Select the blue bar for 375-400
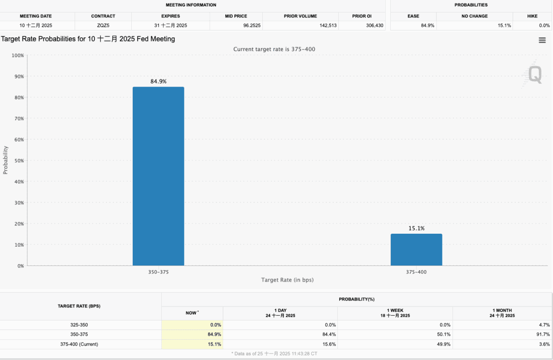point(416,249)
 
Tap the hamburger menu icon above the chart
point(542,40)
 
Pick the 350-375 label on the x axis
point(158,272)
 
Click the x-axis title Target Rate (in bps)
point(287,280)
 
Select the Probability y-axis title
point(6,160)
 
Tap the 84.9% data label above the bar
point(158,81)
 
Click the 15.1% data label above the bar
point(416,228)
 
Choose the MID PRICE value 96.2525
point(252,25)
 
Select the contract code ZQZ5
point(103,25)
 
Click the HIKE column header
point(532,16)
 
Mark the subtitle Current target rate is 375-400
point(274,49)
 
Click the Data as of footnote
point(276,353)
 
